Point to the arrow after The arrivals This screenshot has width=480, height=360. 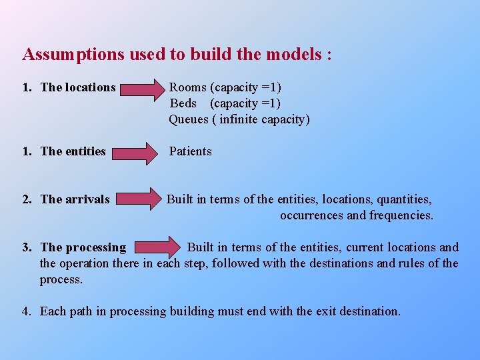point(142,199)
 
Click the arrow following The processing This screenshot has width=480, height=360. point(156,247)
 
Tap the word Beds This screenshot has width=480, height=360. point(183,103)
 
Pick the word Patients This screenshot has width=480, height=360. point(191,151)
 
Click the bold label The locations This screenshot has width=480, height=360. point(78,87)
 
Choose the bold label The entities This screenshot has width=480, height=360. point(73,151)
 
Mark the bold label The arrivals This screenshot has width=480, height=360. point(75,199)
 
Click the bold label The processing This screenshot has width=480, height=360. point(83,247)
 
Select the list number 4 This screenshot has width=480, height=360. point(25,311)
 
